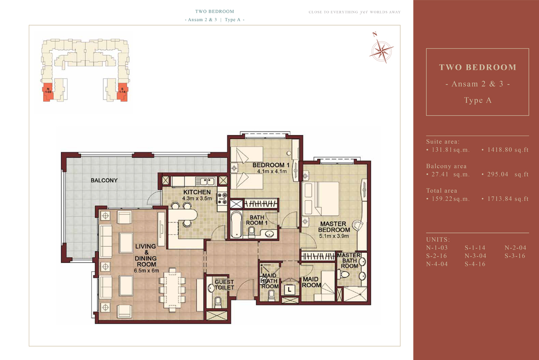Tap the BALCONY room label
click(104, 180)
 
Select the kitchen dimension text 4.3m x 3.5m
click(197, 199)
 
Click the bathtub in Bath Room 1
click(236, 224)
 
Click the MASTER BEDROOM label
click(334, 227)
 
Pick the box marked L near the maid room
click(289, 290)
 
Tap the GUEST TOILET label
click(224, 285)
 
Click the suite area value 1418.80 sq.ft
click(508, 150)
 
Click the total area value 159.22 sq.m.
click(451, 199)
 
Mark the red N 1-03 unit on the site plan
click(48, 92)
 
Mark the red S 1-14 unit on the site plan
click(122, 92)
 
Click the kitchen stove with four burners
click(222, 199)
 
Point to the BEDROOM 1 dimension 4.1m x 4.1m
click(272, 171)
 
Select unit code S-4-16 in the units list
click(475, 264)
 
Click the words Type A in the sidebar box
click(477, 100)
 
